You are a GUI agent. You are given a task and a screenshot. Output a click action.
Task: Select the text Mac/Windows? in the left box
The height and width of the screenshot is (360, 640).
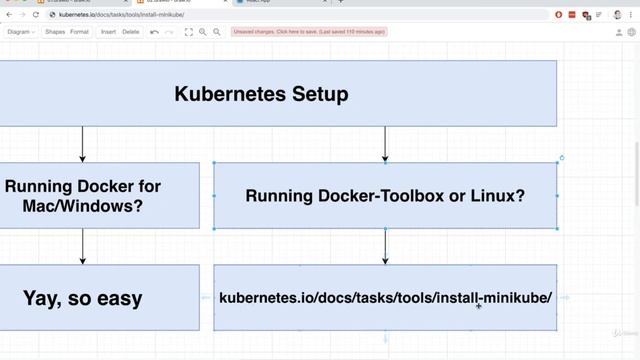[x=83, y=206]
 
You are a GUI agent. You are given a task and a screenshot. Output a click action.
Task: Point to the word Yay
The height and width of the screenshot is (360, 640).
[x=46, y=297]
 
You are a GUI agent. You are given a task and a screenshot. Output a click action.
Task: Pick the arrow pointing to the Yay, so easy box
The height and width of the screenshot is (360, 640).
[x=83, y=246]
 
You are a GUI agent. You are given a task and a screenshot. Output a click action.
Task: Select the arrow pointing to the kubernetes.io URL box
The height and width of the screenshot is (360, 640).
[x=385, y=246]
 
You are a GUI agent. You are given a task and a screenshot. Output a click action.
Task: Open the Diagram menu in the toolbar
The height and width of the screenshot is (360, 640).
[x=21, y=32]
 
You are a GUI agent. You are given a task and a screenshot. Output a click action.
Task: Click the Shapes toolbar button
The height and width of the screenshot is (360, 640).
[x=55, y=32]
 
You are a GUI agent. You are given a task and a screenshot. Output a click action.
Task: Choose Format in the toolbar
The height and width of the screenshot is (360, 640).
[x=79, y=32]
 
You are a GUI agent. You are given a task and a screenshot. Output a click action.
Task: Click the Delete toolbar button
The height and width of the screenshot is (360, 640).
[x=131, y=32]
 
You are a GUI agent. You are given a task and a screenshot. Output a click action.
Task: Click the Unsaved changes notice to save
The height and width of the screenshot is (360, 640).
[x=309, y=32]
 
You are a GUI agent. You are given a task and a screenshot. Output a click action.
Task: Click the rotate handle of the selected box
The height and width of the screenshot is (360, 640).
[x=562, y=158]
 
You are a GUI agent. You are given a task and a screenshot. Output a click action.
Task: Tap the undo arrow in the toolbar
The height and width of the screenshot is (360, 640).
[x=154, y=32]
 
